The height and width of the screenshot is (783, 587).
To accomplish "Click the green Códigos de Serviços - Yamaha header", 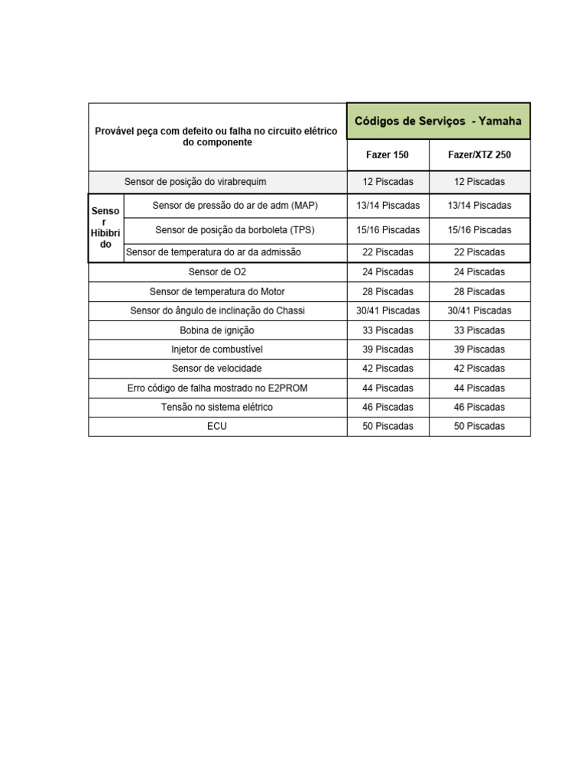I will pyautogui.click(x=438, y=121).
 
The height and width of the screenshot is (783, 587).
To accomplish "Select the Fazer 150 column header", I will pyautogui.click(x=388, y=155).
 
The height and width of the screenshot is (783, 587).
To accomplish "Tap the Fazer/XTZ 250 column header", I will pyautogui.click(x=479, y=155).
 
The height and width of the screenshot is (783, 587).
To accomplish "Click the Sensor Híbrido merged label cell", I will pyautogui.click(x=105, y=228).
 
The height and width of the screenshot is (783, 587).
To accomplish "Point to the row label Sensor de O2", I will pyautogui.click(x=217, y=272).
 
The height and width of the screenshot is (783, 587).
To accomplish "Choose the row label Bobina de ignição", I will pyautogui.click(x=217, y=330).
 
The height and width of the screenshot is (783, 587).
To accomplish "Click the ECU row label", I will pyautogui.click(x=217, y=427).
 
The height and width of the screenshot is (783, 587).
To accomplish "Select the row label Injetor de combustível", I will pyautogui.click(x=217, y=349).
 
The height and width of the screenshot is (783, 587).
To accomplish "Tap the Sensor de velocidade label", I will pyautogui.click(x=217, y=369).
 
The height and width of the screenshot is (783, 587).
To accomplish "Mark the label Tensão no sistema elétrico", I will pyautogui.click(x=217, y=408).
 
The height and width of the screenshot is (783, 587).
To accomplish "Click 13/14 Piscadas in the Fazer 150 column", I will pyautogui.click(x=388, y=206).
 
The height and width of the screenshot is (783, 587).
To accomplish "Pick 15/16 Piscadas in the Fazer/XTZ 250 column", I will pyautogui.click(x=479, y=230).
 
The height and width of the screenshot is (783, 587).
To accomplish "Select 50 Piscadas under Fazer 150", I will pyautogui.click(x=388, y=427).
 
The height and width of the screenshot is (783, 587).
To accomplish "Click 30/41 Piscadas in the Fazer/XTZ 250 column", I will pyautogui.click(x=479, y=311).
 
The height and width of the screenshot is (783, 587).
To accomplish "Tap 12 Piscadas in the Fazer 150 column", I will pyautogui.click(x=388, y=182).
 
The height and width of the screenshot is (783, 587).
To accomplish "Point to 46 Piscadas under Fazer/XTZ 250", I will pyautogui.click(x=479, y=408).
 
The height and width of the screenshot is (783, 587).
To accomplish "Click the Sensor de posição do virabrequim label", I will pyautogui.click(x=195, y=182).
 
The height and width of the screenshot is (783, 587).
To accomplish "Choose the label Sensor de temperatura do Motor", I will pyautogui.click(x=217, y=292).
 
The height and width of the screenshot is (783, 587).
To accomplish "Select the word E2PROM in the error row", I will pyautogui.click(x=286, y=388).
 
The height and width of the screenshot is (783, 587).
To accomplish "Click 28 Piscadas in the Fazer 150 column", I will pyautogui.click(x=388, y=292).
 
